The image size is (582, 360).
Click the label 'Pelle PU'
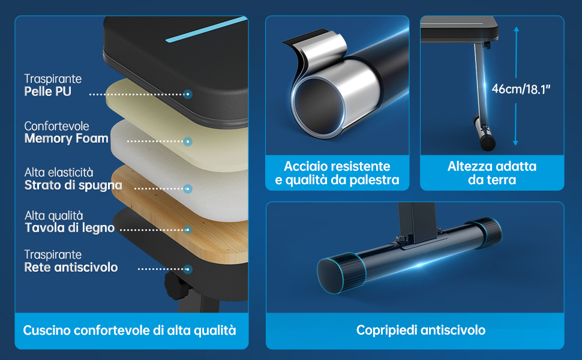pos(47,92)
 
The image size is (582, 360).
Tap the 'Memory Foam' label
pos(66,139)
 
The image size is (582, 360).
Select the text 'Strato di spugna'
pos(73,185)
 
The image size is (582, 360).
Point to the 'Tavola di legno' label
pos(69,228)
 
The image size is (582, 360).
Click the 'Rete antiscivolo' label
pos(71,268)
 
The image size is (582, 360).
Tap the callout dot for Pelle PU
pos(188,94)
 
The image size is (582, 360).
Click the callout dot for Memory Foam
pos(188,142)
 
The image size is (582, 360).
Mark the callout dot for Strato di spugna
pos(188,188)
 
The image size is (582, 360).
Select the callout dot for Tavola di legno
pos(188,229)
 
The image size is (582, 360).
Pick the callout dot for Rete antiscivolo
pos(188,269)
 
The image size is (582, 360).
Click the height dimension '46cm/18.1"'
pos(521,89)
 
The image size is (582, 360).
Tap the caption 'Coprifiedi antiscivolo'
pos(420,330)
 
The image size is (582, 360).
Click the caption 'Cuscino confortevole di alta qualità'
pos(130,330)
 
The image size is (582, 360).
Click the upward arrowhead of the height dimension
pos(516,28)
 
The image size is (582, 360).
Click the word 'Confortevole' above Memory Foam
pos(56,127)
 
